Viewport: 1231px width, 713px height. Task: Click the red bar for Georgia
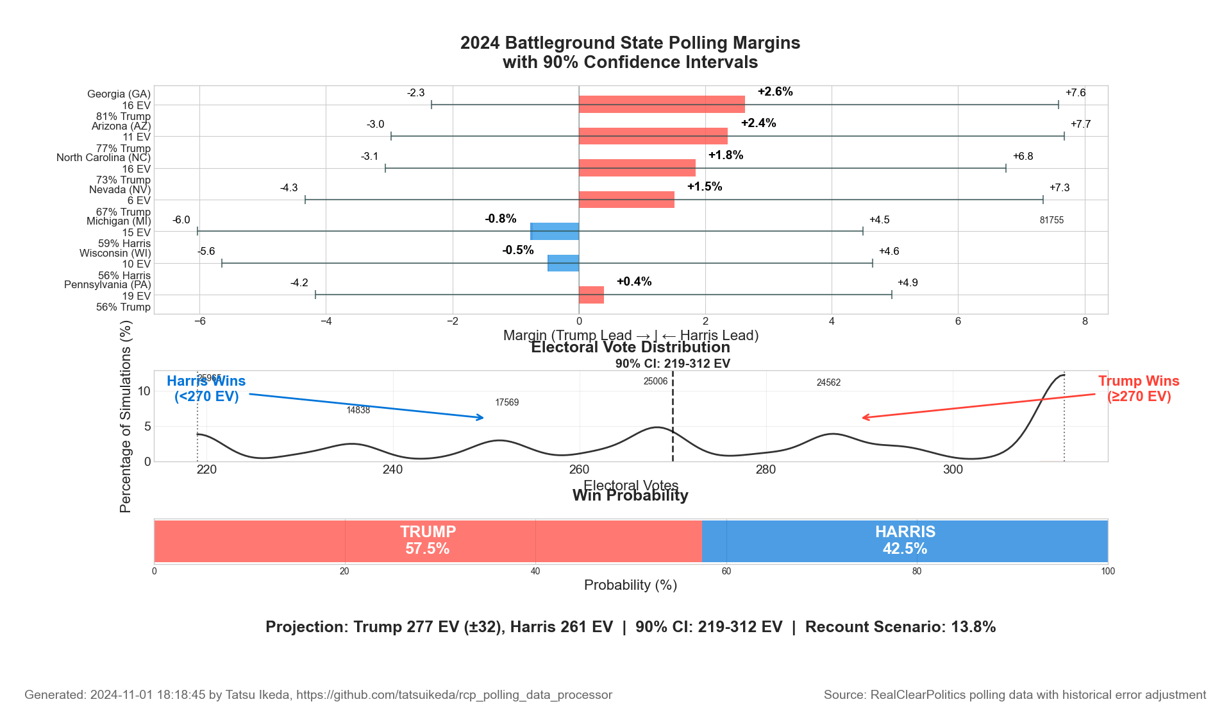click(662, 104)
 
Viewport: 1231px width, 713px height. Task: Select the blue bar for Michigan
click(555, 231)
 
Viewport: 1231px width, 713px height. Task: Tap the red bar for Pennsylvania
click(591, 295)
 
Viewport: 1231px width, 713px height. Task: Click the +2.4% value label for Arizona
click(758, 123)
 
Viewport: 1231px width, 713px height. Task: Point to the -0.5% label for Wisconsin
click(518, 250)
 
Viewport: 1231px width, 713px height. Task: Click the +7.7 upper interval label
click(1080, 125)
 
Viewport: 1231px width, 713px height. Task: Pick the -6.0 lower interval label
click(181, 220)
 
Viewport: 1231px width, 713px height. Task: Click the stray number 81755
click(1051, 220)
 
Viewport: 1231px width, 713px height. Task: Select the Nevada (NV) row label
click(120, 190)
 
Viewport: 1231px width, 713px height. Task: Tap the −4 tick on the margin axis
click(326, 322)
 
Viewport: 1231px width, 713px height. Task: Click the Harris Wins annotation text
click(206, 388)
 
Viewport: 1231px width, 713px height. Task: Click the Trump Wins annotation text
click(1139, 388)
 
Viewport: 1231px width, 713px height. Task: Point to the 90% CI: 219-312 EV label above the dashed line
click(673, 364)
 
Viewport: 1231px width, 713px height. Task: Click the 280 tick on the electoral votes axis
click(766, 470)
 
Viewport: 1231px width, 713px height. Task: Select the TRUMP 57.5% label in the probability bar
click(428, 540)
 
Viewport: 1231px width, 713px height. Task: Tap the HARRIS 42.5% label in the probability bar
click(905, 540)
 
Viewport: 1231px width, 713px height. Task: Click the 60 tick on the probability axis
click(726, 572)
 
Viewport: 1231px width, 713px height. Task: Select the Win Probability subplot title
click(630, 495)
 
